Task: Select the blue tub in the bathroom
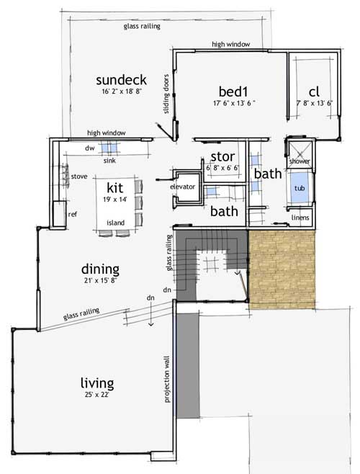299,189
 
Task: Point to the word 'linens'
300,217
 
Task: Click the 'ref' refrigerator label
72,213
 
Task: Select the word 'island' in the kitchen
114,223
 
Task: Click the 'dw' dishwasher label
91,146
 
